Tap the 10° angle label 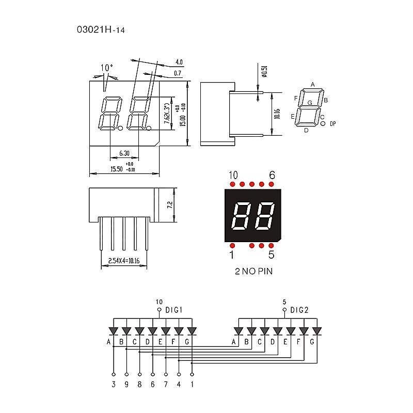click(x=106, y=68)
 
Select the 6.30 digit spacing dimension click(x=124, y=153)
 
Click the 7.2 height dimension click(x=169, y=204)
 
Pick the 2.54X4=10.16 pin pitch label click(x=123, y=261)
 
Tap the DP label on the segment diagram click(x=332, y=124)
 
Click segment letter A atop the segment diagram click(x=312, y=84)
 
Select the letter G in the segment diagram click(x=310, y=103)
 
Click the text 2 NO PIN click(x=253, y=272)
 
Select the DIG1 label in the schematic click(x=174, y=310)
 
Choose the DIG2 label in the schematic click(x=299, y=310)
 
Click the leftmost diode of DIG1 click(x=114, y=331)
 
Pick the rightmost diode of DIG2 click(x=316, y=331)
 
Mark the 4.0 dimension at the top click(x=179, y=61)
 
